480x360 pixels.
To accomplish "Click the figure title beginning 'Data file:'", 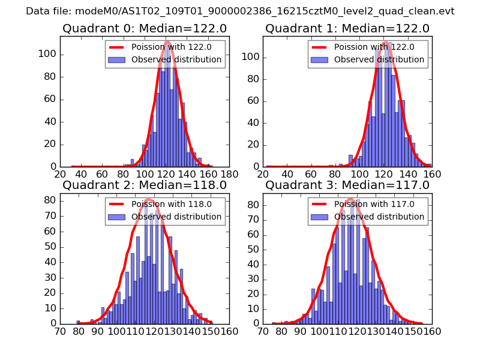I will tap(240, 11).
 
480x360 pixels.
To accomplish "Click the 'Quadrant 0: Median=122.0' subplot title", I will tap(144, 28).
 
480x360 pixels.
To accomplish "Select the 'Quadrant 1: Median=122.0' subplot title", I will tap(347, 28).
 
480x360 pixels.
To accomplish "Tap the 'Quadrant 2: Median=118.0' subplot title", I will tap(144, 185).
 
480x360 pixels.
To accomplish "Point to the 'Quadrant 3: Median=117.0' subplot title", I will tap(347, 185).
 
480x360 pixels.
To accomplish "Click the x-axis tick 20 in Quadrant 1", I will tap(263, 174).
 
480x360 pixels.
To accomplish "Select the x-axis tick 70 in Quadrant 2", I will tap(60, 331).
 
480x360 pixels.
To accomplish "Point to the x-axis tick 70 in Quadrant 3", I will tap(263, 331).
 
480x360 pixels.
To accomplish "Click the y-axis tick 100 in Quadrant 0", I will tap(48, 54).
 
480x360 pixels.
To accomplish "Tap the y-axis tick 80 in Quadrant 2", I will tap(50, 200).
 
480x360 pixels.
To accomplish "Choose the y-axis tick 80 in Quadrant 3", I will tap(253, 205).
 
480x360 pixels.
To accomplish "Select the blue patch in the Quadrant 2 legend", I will tap(118, 217).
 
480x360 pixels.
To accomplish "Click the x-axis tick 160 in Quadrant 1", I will tap(432, 174).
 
